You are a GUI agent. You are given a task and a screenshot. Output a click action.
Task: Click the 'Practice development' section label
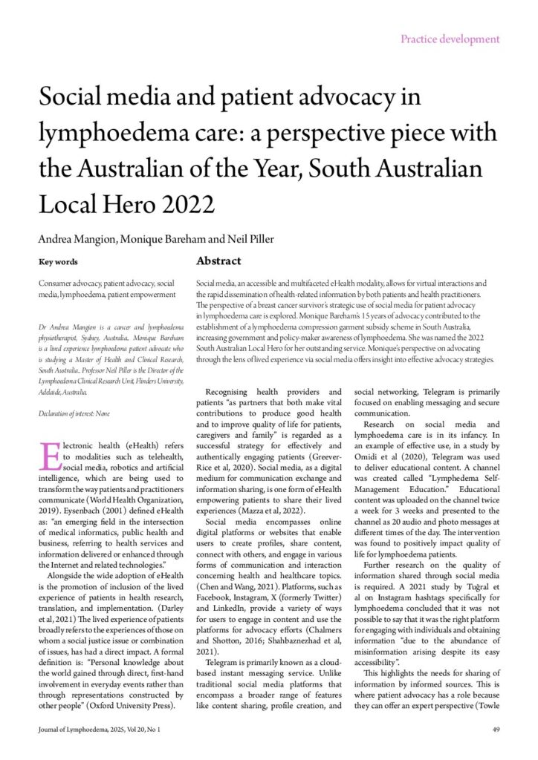coord(450,39)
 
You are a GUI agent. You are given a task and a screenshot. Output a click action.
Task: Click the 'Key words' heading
coord(58,261)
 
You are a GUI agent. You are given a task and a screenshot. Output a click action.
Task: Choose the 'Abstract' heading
coord(218,261)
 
